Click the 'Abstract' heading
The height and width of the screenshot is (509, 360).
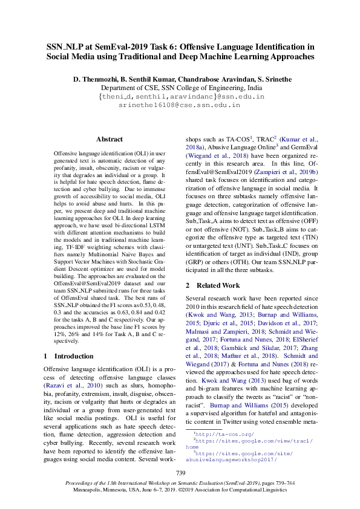pos(110,138)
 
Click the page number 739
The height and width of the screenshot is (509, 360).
pos(180,472)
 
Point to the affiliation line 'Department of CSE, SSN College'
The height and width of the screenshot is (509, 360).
pos(180,88)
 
